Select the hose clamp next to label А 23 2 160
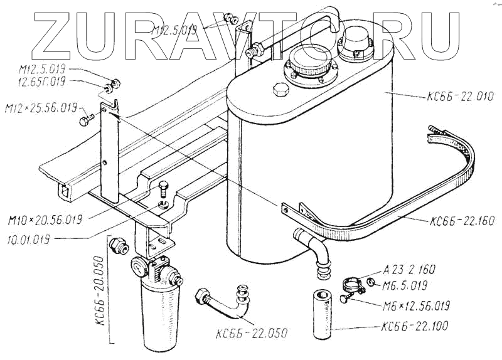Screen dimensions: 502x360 [353, 286]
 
